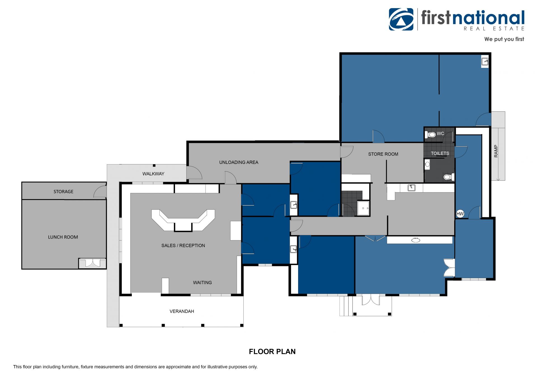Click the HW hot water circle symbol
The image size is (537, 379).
(x=460, y=214)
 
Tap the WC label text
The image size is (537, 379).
(x=440, y=134)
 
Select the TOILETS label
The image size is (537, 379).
(x=440, y=153)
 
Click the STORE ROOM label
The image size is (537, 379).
(x=383, y=154)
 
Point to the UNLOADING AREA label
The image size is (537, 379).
(x=239, y=162)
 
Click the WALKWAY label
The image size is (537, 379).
(x=153, y=174)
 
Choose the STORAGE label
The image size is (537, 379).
(x=63, y=192)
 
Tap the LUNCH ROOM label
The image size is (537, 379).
(x=63, y=237)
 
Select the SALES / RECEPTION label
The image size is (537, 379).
(x=183, y=245)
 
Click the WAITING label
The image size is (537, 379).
(x=202, y=283)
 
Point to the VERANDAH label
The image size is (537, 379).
(x=182, y=311)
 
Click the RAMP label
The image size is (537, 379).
(x=496, y=151)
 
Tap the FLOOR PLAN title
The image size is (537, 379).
(x=272, y=352)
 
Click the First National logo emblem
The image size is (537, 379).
(x=401, y=19)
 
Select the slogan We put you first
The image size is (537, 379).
(x=504, y=39)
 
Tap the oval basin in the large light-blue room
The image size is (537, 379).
(x=416, y=240)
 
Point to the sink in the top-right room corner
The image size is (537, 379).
(x=485, y=61)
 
